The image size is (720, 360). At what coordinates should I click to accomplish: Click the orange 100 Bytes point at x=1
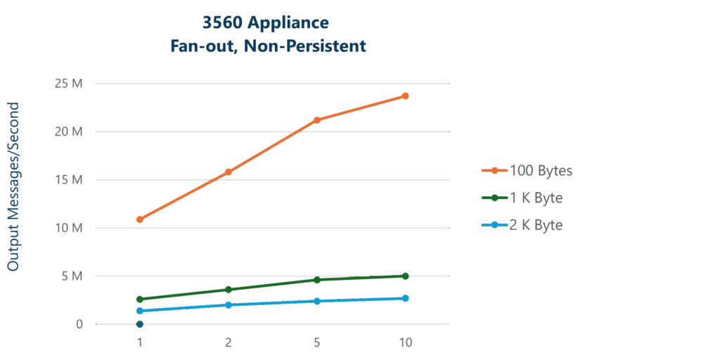point(140,219)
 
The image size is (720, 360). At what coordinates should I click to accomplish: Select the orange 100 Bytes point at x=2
point(228,172)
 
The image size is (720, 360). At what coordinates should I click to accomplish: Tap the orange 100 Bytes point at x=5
point(317,120)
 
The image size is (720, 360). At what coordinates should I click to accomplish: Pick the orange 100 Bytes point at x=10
point(405,96)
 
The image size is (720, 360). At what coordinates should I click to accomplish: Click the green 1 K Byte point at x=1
point(140,299)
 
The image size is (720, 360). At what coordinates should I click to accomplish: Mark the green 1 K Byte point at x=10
point(405,276)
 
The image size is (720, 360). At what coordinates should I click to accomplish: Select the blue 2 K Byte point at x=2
point(228,304)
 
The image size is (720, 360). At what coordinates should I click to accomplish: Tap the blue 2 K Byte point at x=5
point(317,301)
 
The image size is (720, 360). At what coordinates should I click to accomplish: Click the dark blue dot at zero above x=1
point(140,324)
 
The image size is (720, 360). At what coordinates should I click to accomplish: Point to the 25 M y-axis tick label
point(69,84)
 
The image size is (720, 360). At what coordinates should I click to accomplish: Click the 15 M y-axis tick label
point(69,180)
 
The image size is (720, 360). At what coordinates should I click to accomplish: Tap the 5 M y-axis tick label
point(72,276)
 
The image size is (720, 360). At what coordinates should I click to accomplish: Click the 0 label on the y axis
point(79,324)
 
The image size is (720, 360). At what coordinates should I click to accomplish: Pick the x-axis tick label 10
point(405,343)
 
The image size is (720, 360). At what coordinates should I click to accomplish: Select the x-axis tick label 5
point(317,343)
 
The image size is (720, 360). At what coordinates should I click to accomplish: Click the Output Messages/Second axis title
point(13,186)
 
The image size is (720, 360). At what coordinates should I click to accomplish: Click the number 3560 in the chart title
point(221,23)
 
